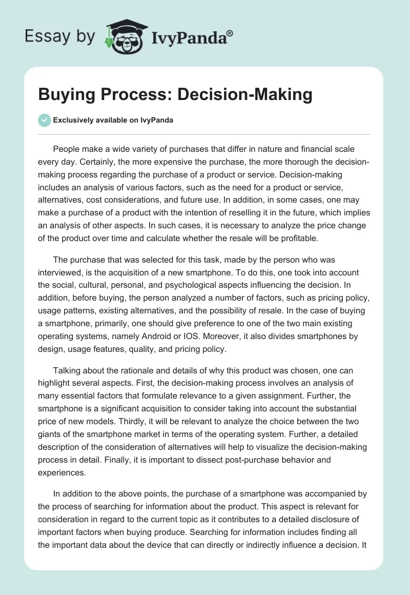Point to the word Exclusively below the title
coord(72,121)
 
